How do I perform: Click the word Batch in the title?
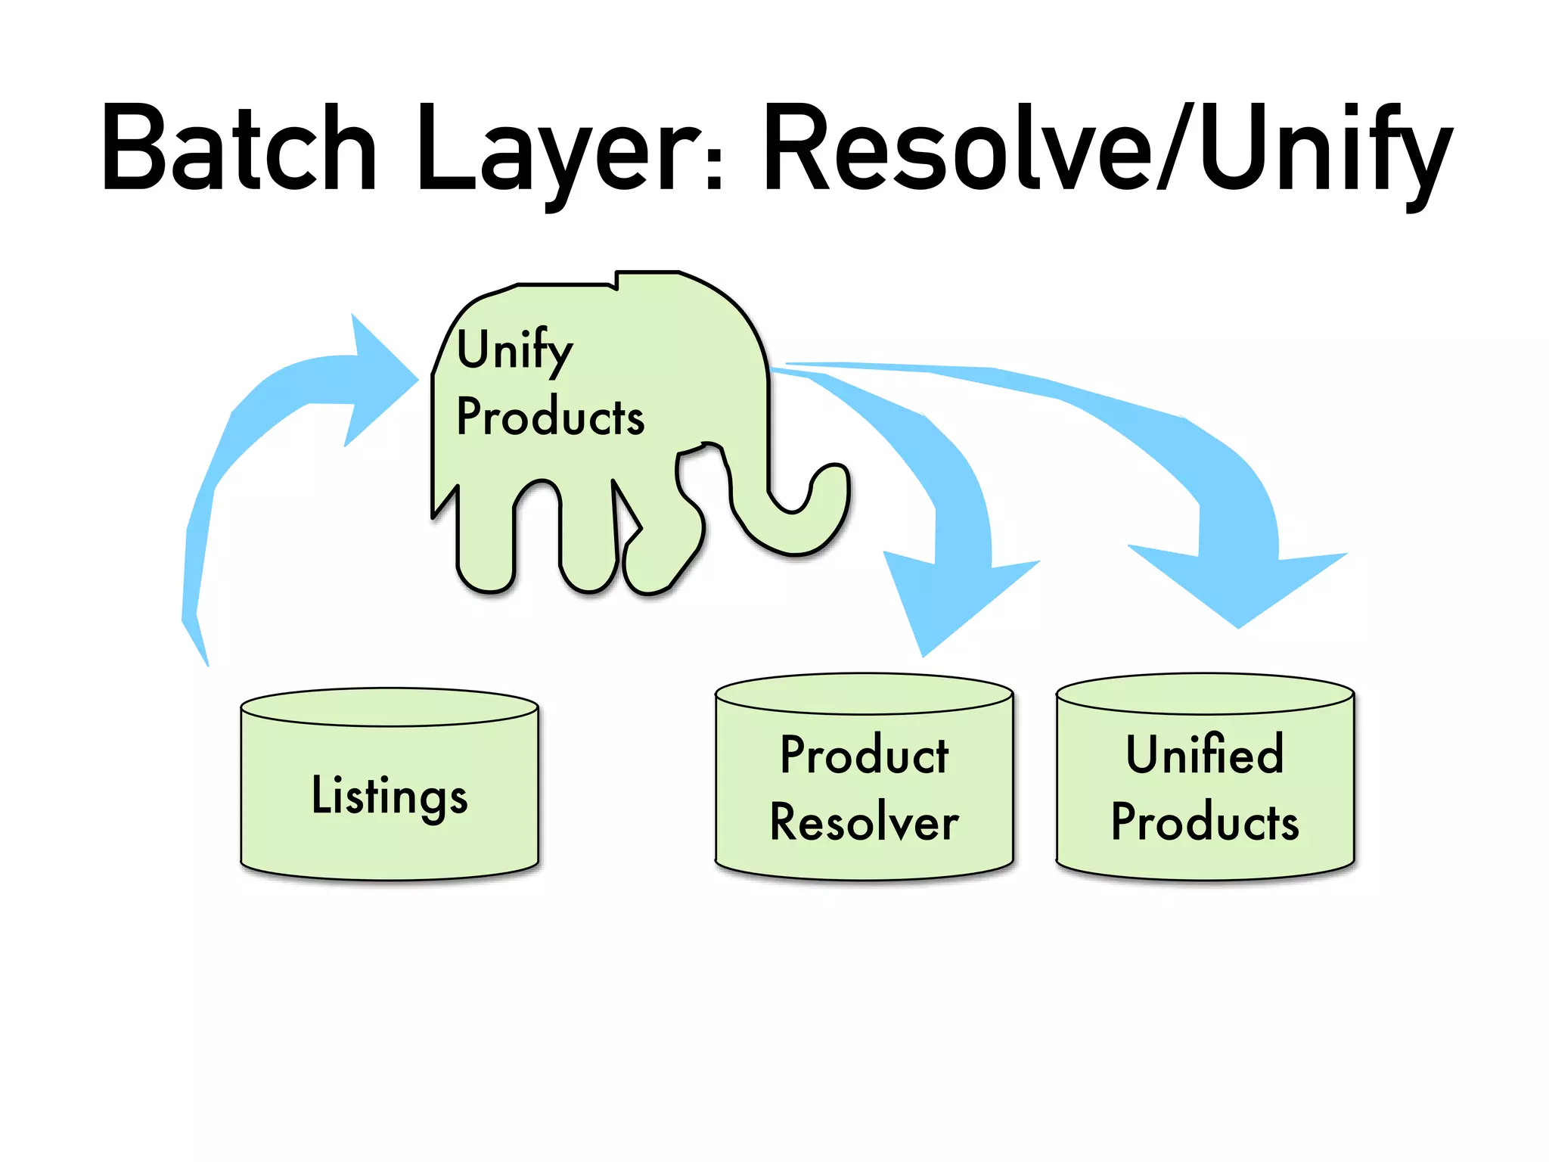pos(239,148)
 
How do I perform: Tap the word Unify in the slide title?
pos(1324,148)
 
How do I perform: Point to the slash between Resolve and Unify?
pos(1176,148)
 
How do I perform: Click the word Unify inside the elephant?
pos(515,350)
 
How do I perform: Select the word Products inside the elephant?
pos(551,417)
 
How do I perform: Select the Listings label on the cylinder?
pos(390,796)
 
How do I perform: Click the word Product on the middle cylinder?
pos(865,755)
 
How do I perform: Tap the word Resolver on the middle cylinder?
pos(865,822)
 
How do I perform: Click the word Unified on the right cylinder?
pos(1205,755)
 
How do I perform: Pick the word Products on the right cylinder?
pos(1205,822)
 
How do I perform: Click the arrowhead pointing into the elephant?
pos(378,378)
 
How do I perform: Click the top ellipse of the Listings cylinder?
pos(390,707)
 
